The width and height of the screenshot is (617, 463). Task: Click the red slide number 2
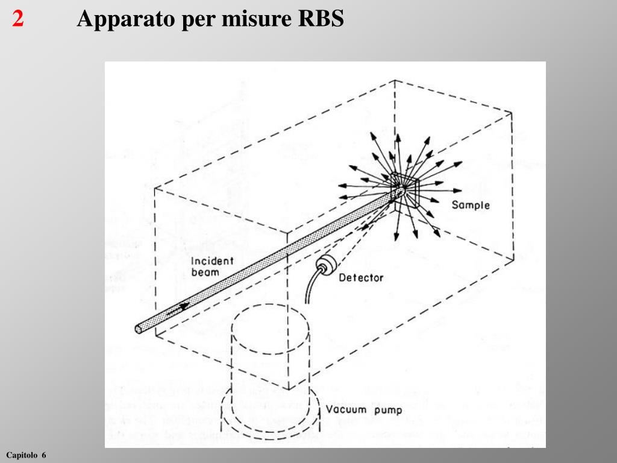(x=18, y=19)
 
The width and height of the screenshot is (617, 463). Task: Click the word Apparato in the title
(x=124, y=20)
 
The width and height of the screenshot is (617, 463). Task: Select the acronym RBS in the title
(x=321, y=19)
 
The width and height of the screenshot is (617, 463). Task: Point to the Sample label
(x=471, y=205)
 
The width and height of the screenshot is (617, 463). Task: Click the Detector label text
(x=360, y=278)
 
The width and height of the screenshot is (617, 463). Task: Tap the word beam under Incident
(x=205, y=272)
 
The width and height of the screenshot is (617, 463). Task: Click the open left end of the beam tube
(x=140, y=329)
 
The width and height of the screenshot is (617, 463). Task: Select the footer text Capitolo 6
(x=26, y=454)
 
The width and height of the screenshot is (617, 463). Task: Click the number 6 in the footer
(x=44, y=454)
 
